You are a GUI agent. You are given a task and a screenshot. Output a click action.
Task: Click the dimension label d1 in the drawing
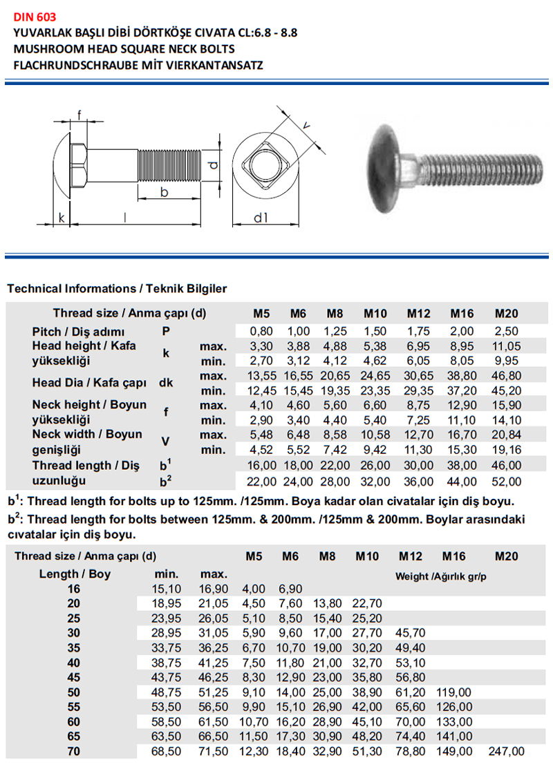click(x=260, y=218)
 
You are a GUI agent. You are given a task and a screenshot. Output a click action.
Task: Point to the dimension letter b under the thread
click(x=164, y=192)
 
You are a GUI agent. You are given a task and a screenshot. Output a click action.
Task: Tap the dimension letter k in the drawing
click(x=62, y=218)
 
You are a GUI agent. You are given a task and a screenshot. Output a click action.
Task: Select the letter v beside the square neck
click(x=305, y=124)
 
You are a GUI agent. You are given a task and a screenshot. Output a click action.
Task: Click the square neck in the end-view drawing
click(x=265, y=166)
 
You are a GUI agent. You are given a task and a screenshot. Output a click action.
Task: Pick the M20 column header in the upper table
click(x=506, y=313)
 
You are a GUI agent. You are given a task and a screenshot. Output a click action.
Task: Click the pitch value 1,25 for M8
click(x=335, y=332)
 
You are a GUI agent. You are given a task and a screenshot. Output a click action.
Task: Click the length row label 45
click(x=73, y=677)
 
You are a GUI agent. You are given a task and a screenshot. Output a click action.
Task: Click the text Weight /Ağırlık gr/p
click(x=440, y=576)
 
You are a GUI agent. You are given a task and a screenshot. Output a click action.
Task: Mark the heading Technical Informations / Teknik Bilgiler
click(x=117, y=289)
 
